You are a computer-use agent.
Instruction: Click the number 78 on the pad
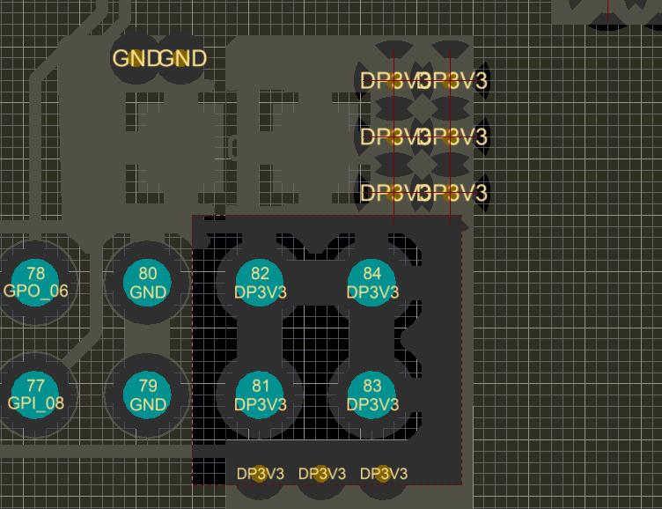(x=35, y=274)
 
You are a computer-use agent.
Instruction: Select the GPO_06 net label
(x=35, y=291)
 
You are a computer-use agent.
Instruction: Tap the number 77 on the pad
(x=35, y=386)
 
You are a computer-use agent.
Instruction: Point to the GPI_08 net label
(x=35, y=403)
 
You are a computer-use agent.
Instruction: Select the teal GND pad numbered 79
(x=148, y=395)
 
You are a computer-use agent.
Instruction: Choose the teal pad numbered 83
(x=372, y=395)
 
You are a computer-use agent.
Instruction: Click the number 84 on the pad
(x=372, y=274)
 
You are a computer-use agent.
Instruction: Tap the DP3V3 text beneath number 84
(x=372, y=291)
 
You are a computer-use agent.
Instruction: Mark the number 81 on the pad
(x=261, y=386)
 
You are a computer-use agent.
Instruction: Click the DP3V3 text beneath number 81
(x=261, y=404)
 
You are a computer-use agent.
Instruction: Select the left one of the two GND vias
(x=134, y=59)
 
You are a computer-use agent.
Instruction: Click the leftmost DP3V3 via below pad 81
(x=260, y=474)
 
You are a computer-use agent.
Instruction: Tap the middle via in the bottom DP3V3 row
(x=321, y=474)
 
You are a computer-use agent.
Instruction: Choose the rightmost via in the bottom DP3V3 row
(x=383, y=474)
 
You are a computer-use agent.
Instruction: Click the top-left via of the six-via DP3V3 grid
(x=394, y=81)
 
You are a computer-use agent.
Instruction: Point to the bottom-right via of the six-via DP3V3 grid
(x=450, y=192)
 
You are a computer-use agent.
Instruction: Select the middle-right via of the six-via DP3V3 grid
(x=450, y=136)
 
